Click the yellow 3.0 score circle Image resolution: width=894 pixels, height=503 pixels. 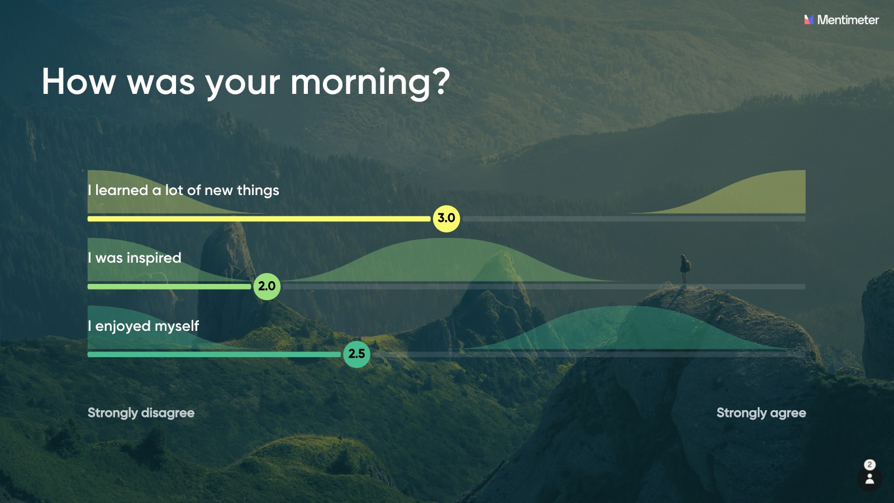(x=446, y=219)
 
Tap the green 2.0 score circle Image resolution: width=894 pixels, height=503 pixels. (x=267, y=286)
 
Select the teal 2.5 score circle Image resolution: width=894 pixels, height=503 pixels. (x=356, y=354)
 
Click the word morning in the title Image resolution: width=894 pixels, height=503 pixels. (x=359, y=83)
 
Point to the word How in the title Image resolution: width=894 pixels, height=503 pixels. (x=79, y=82)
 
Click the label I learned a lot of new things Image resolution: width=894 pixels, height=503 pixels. (x=183, y=190)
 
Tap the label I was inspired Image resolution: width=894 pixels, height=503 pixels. (x=135, y=258)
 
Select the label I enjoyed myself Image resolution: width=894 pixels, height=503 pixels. (x=143, y=326)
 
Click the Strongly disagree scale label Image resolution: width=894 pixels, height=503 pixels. (x=141, y=413)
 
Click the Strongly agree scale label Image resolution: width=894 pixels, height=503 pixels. (x=761, y=413)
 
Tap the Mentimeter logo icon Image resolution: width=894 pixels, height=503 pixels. (x=809, y=20)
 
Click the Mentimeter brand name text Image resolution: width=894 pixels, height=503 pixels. (x=848, y=20)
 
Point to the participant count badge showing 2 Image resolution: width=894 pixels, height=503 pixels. (x=869, y=464)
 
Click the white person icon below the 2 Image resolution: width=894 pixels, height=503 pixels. (x=869, y=478)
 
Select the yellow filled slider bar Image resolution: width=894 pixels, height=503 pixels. (x=259, y=219)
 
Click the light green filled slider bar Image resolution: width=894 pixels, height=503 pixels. (x=169, y=287)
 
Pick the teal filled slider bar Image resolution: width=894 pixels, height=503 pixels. (x=215, y=354)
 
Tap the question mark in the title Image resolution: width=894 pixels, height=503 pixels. (x=441, y=82)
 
